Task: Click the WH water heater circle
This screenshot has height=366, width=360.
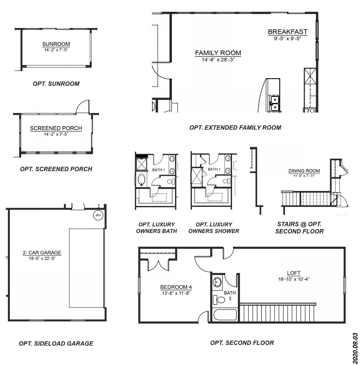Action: click(98, 215)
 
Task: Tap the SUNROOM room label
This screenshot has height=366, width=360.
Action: click(56, 44)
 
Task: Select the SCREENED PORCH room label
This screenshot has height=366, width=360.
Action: click(56, 128)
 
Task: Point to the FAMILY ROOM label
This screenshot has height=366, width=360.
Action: click(218, 53)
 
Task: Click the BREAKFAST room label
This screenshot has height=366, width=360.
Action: click(288, 32)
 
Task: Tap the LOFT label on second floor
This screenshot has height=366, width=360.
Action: click(294, 273)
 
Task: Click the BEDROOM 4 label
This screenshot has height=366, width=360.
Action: click(176, 287)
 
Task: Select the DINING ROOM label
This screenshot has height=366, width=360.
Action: click(304, 171)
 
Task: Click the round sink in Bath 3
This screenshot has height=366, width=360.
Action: click(218, 282)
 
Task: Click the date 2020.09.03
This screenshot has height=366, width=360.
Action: click(355, 348)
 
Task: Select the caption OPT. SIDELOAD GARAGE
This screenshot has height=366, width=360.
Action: click(56, 343)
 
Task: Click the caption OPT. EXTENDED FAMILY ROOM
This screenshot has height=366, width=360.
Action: click(235, 128)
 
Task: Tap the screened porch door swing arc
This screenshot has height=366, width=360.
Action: click(82, 106)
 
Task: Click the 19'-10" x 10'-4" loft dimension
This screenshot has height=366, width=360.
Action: click(294, 279)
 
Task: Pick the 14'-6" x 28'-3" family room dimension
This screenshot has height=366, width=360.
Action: click(218, 59)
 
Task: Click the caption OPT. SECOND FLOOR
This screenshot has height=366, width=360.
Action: click(242, 343)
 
